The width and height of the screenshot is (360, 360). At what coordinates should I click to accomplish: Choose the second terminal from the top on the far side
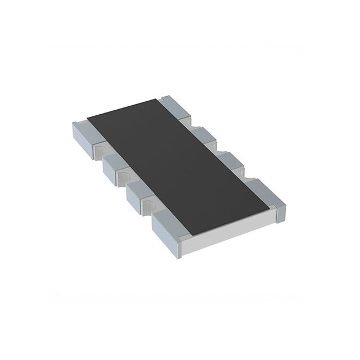click(x=209, y=135)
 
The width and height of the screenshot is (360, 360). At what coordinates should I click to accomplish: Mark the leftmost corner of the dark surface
click(x=87, y=119)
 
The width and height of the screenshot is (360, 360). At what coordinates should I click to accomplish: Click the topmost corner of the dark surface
click(x=160, y=97)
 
